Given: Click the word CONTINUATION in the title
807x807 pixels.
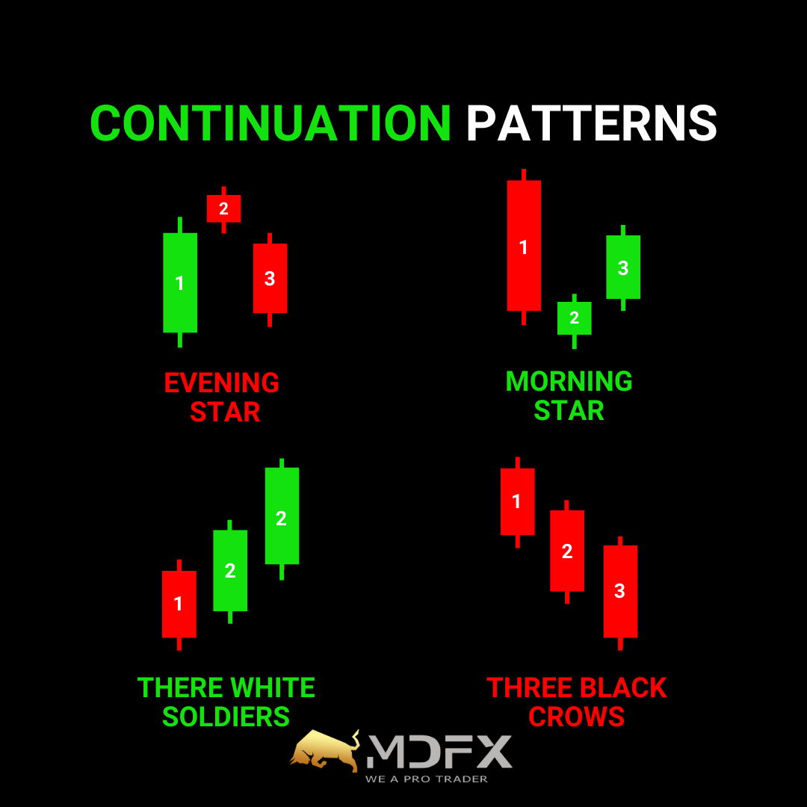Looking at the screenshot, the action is pyautogui.click(x=270, y=123).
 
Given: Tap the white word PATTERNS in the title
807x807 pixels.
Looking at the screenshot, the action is pyautogui.click(x=591, y=123).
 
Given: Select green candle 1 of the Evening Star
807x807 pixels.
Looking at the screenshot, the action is pyautogui.click(x=180, y=282).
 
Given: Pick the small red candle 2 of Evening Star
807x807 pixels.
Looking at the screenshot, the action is pyautogui.click(x=224, y=209).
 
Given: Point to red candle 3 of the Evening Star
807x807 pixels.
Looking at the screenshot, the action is pyautogui.click(x=270, y=279).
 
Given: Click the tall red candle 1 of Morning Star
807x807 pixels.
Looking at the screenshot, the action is pyautogui.click(x=524, y=246).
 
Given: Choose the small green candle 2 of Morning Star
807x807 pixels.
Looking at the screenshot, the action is pyautogui.click(x=575, y=318).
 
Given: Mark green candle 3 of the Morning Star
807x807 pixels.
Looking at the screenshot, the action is pyautogui.click(x=623, y=267).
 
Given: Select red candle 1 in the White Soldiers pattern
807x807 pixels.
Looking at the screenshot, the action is pyautogui.click(x=179, y=605).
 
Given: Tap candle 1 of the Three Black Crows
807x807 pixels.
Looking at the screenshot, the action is pyautogui.click(x=518, y=502).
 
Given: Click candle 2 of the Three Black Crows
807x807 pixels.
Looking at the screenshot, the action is pyautogui.click(x=567, y=551).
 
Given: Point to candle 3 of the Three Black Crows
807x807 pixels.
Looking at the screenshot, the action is pyautogui.click(x=620, y=592).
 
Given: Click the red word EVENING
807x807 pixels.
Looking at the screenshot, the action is pyautogui.click(x=222, y=383).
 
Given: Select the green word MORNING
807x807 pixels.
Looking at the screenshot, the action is pyautogui.click(x=569, y=381).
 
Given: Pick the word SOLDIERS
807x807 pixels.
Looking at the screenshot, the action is pyautogui.click(x=226, y=717).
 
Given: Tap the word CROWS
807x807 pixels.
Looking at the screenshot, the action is pyautogui.click(x=576, y=717).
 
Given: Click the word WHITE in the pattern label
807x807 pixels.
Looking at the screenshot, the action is pyautogui.click(x=273, y=687).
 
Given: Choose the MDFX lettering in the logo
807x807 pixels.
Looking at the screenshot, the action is pyautogui.click(x=439, y=752).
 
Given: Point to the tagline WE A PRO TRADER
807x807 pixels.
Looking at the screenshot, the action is pyautogui.click(x=427, y=779).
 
